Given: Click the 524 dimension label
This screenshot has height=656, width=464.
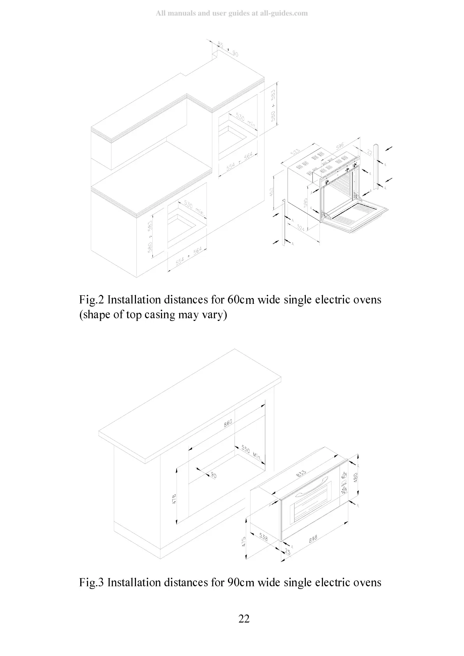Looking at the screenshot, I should click(300, 228).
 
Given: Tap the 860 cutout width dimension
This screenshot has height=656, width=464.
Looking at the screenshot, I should click(228, 423).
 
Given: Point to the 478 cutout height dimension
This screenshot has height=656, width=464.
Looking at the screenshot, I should click(174, 498).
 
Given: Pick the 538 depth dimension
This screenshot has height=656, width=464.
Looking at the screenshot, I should click(263, 537).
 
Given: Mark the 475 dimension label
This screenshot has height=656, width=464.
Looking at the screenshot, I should click(244, 542).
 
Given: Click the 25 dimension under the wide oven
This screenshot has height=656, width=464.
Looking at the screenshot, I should click(288, 552).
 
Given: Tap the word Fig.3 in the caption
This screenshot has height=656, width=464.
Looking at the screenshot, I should click(92, 582).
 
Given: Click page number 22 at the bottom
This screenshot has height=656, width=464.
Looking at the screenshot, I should click(244, 619).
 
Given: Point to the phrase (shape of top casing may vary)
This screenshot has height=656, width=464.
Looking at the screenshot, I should click(153, 315).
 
